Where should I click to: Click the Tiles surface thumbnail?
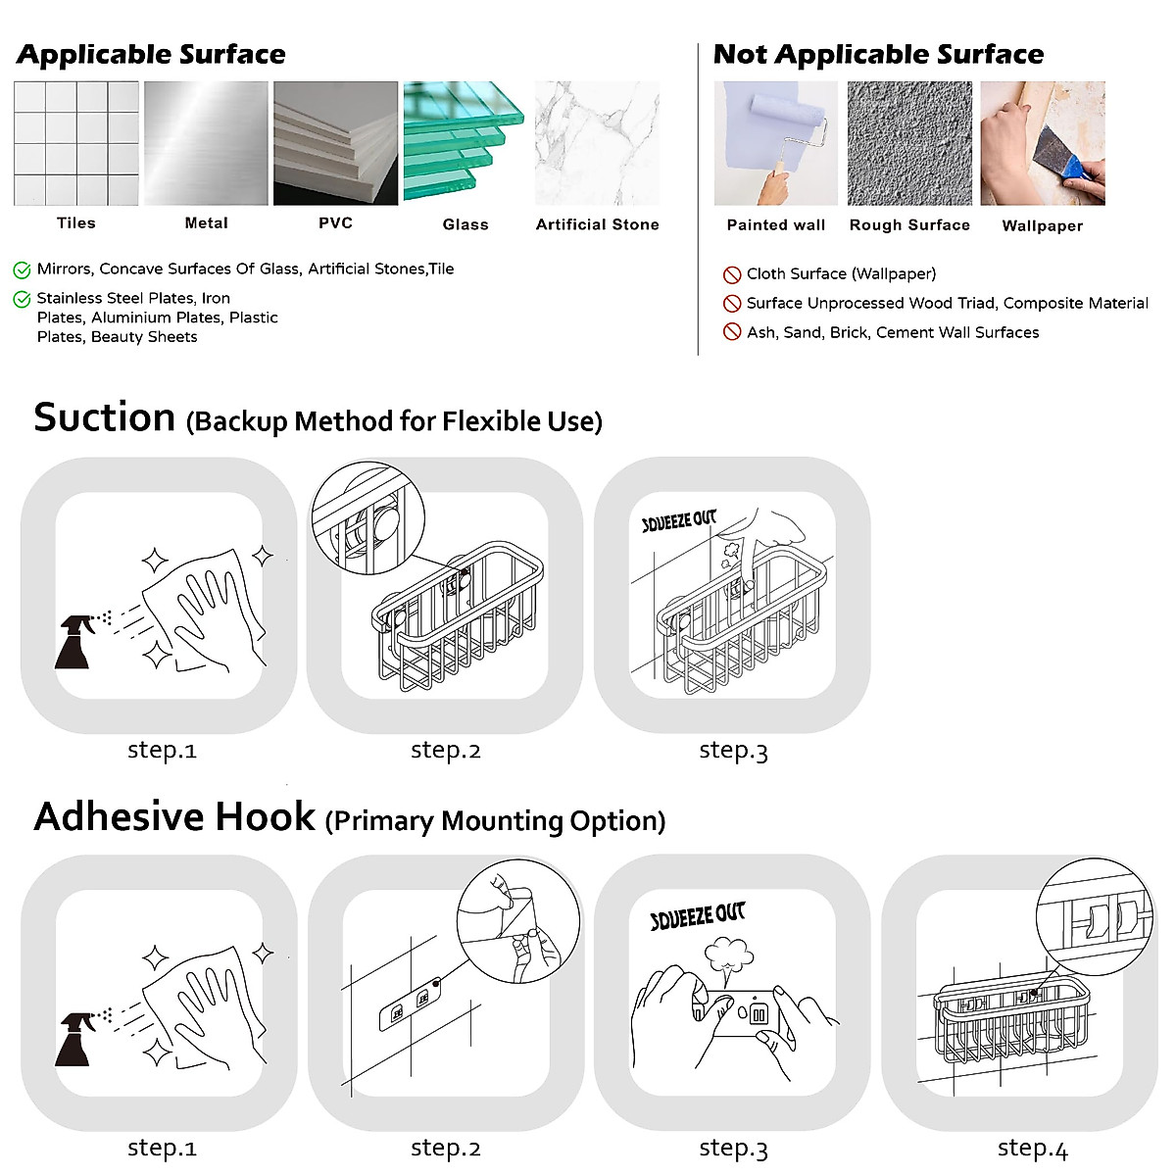pyautogui.click(x=76, y=143)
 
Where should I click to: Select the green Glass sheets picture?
pyautogui.click(x=464, y=143)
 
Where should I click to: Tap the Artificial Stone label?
pyautogui.click(x=597, y=224)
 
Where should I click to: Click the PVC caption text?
pyautogui.click(x=335, y=223)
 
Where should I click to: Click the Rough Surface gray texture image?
pyautogui.click(x=909, y=143)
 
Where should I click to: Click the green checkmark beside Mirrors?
pyautogui.click(x=22, y=269)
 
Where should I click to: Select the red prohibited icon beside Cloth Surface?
pyautogui.click(x=731, y=274)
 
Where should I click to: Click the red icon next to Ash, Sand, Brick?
pyautogui.click(x=731, y=332)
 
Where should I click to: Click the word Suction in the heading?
pyautogui.click(x=104, y=417)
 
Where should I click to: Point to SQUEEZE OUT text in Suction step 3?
pyautogui.click(x=679, y=521)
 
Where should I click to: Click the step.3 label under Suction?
pyautogui.click(x=733, y=751)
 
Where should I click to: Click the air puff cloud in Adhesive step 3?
pyautogui.click(x=729, y=955)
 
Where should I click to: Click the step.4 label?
pyautogui.click(x=1032, y=1149)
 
